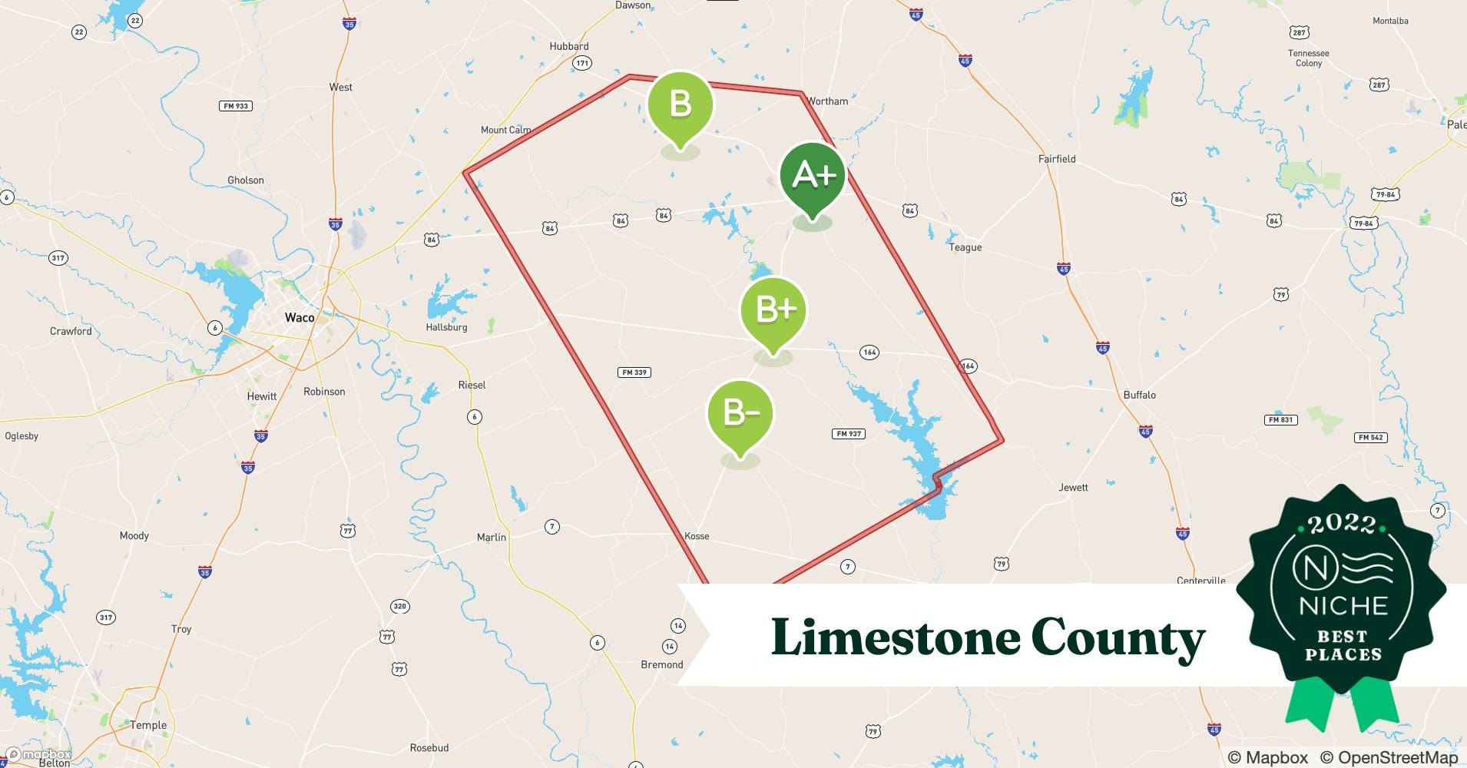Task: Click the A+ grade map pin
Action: pos(813,177)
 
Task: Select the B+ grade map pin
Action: pos(773,311)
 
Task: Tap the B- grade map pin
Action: pos(740,414)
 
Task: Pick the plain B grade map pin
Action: pos(681,105)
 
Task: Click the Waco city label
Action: pos(300,317)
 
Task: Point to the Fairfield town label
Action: pos(1057,159)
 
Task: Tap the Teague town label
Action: pos(965,247)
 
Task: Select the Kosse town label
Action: pos(697,536)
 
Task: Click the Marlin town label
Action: pos(492,538)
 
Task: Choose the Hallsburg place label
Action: pos(446,327)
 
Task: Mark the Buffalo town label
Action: pos(1140,395)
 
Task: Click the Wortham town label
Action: pos(827,101)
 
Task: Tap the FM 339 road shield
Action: pos(634,372)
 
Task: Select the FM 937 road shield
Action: pos(849,434)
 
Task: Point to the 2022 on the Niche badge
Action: pos(1342,524)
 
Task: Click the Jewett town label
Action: pos(1073,487)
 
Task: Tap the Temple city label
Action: pos(148,725)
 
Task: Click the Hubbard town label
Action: pos(569,46)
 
